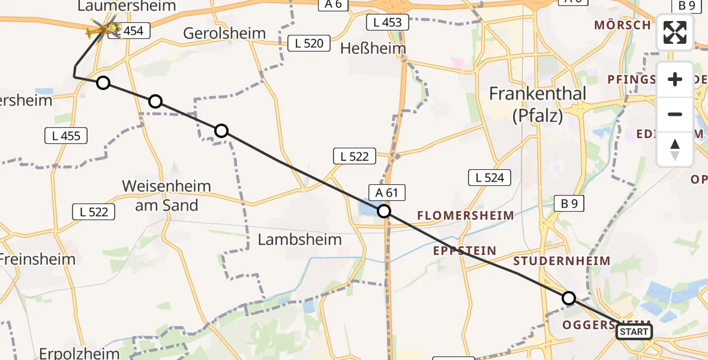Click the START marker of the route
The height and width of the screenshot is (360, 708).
[634, 332]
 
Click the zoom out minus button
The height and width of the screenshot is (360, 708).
[675, 115]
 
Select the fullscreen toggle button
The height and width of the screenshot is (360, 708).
[675, 32]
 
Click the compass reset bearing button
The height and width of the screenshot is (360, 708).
[675, 149]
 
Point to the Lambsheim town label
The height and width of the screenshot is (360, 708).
[299, 239]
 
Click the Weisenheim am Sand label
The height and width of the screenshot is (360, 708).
[166, 196]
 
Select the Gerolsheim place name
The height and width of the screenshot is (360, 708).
[224, 33]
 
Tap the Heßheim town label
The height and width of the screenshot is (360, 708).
[373, 48]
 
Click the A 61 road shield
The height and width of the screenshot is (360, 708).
[388, 193]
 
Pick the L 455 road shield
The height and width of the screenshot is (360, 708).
[66, 136]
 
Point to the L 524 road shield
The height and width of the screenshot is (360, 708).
[490, 177]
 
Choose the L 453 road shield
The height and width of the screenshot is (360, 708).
[388, 23]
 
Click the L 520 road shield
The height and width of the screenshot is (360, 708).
[310, 43]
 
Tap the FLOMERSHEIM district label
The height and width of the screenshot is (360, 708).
[465, 215]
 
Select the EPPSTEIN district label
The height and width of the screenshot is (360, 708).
[465, 250]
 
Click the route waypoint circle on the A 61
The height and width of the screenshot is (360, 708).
[383, 211]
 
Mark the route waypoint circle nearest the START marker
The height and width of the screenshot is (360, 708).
[568, 298]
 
